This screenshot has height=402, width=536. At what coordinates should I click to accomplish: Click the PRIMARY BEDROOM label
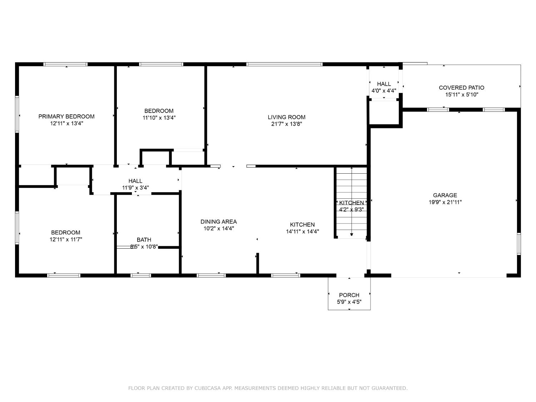click(66, 116)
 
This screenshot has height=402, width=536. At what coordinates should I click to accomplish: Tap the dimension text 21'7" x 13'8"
click(287, 124)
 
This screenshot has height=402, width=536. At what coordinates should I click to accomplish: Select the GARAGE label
click(445, 195)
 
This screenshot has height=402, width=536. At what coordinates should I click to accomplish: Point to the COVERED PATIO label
click(461, 88)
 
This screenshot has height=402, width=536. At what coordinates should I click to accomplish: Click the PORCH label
click(349, 295)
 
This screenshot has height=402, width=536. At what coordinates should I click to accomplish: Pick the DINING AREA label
click(219, 222)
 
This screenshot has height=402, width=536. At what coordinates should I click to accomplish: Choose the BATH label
click(144, 239)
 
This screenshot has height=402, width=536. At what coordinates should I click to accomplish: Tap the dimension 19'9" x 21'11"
click(445, 202)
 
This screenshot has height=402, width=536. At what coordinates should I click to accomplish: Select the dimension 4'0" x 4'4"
click(384, 91)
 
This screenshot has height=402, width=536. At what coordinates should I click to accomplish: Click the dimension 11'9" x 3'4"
click(135, 188)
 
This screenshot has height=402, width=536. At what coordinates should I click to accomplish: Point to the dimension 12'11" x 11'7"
click(66, 239)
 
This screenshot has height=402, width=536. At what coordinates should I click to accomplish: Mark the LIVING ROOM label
click(287, 117)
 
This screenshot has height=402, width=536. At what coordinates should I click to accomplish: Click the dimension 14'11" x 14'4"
click(302, 232)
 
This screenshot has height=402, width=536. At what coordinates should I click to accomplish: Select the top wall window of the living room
click(284, 64)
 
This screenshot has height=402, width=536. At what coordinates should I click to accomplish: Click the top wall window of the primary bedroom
click(65, 64)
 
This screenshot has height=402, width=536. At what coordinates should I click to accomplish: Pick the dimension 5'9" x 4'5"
click(349, 302)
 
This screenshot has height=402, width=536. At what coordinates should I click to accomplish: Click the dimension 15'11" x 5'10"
click(461, 95)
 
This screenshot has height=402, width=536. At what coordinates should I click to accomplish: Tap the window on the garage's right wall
click(519, 244)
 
